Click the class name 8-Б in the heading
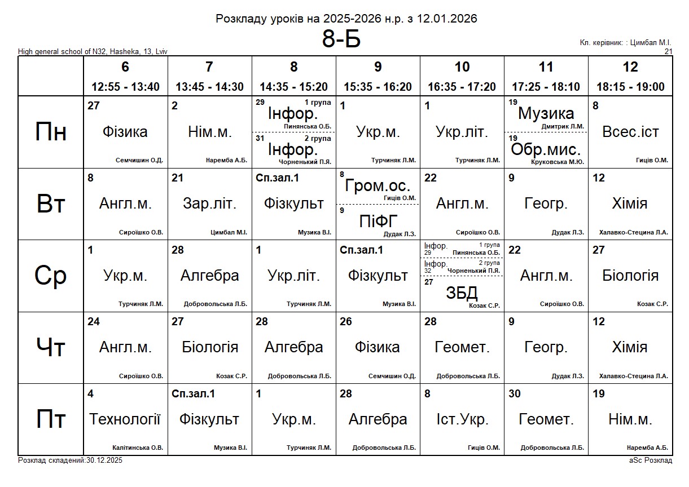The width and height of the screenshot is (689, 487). pyautogui.click(x=341, y=39)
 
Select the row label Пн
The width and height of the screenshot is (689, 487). pyautogui.click(x=51, y=132)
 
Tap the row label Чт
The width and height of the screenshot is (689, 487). pyautogui.click(x=51, y=348)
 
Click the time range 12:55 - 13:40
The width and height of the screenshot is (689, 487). pyautogui.click(x=125, y=87)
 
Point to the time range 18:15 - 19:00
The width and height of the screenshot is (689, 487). pyautogui.click(x=630, y=87)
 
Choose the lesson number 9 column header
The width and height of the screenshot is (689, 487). pyautogui.click(x=378, y=67)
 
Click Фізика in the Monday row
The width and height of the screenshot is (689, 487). pyautogui.click(x=125, y=132)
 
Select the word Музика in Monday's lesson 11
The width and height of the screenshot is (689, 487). pyautogui.click(x=546, y=113)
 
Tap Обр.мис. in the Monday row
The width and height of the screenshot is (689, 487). pyautogui.click(x=546, y=150)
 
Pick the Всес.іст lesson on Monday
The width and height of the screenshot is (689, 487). pyautogui.click(x=630, y=132)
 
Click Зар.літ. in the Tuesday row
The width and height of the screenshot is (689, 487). pyautogui.click(x=209, y=203)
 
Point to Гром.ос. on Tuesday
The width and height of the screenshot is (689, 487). pyautogui.click(x=378, y=186)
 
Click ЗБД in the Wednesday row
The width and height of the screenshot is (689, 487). pyautogui.click(x=462, y=293)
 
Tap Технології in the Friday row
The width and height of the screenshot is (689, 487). pyautogui.click(x=125, y=419)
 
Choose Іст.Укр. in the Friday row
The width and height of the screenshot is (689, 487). pyautogui.click(x=462, y=419)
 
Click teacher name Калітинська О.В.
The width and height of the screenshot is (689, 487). pyautogui.click(x=138, y=448)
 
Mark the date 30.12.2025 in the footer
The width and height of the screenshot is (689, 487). pyautogui.click(x=104, y=461)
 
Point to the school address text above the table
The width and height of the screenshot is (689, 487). pyautogui.click(x=93, y=52)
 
